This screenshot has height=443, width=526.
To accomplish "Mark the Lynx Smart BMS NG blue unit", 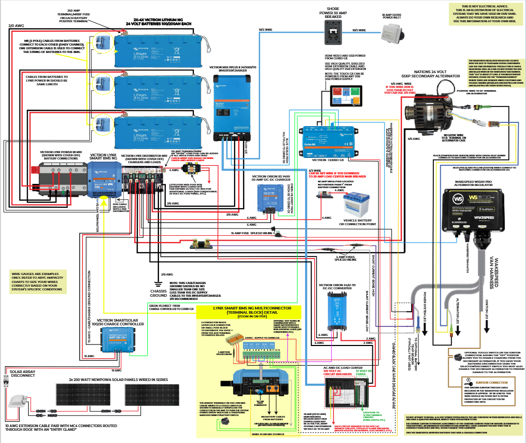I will [104, 180].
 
